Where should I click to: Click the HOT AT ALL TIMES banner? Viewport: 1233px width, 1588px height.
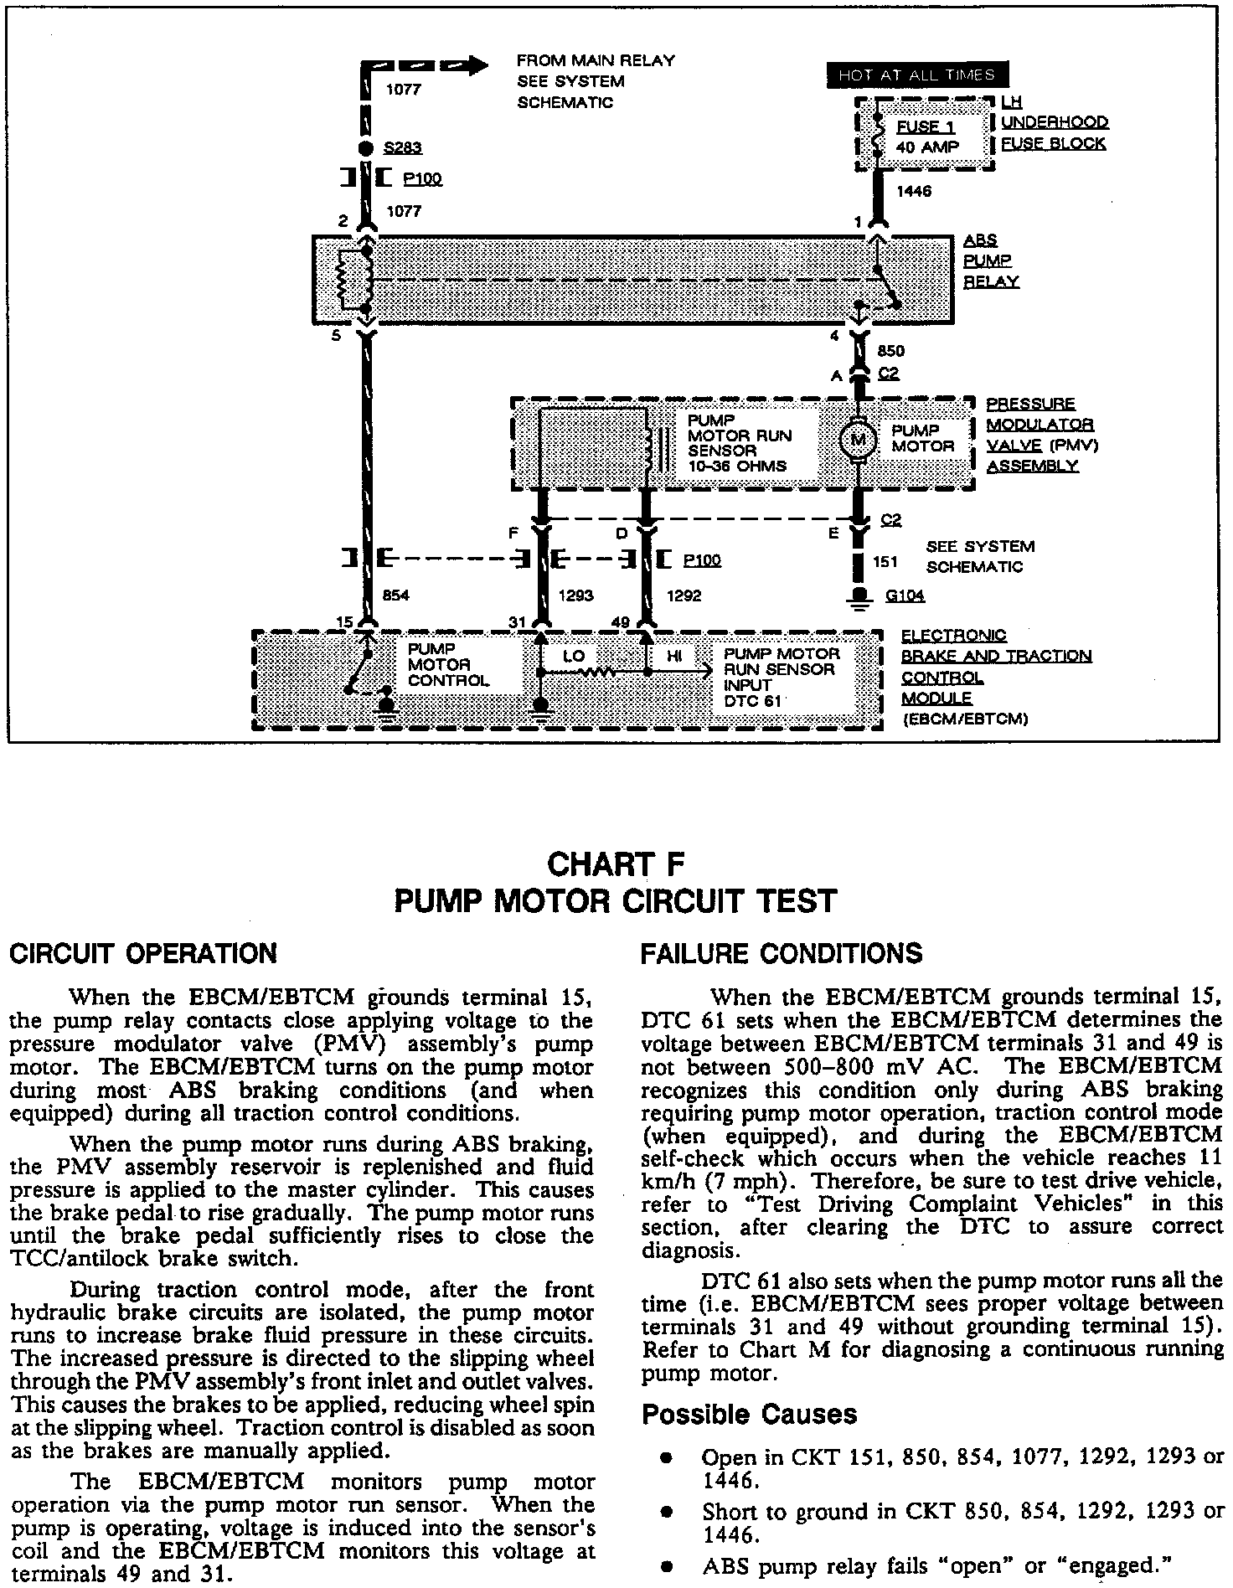(916, 75)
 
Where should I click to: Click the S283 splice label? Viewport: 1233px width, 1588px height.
(403, 148)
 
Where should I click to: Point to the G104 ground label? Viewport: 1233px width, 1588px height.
(905, 596)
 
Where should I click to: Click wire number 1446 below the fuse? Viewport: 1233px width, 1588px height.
(914, 191)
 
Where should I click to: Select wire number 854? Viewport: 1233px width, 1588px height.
(395, 595)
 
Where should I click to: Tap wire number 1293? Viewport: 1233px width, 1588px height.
(575, 595)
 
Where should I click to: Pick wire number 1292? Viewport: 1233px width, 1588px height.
(683, 595)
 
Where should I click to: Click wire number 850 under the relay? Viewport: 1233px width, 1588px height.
(890, 352)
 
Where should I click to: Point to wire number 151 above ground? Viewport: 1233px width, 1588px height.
(885, 562)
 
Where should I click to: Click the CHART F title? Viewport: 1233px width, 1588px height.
(616, 864)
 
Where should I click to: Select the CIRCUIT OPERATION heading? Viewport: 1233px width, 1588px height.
(142, 953)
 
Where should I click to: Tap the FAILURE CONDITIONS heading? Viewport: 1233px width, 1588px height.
(781, 953)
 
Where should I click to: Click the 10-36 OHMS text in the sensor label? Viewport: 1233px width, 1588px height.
(737, 466)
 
